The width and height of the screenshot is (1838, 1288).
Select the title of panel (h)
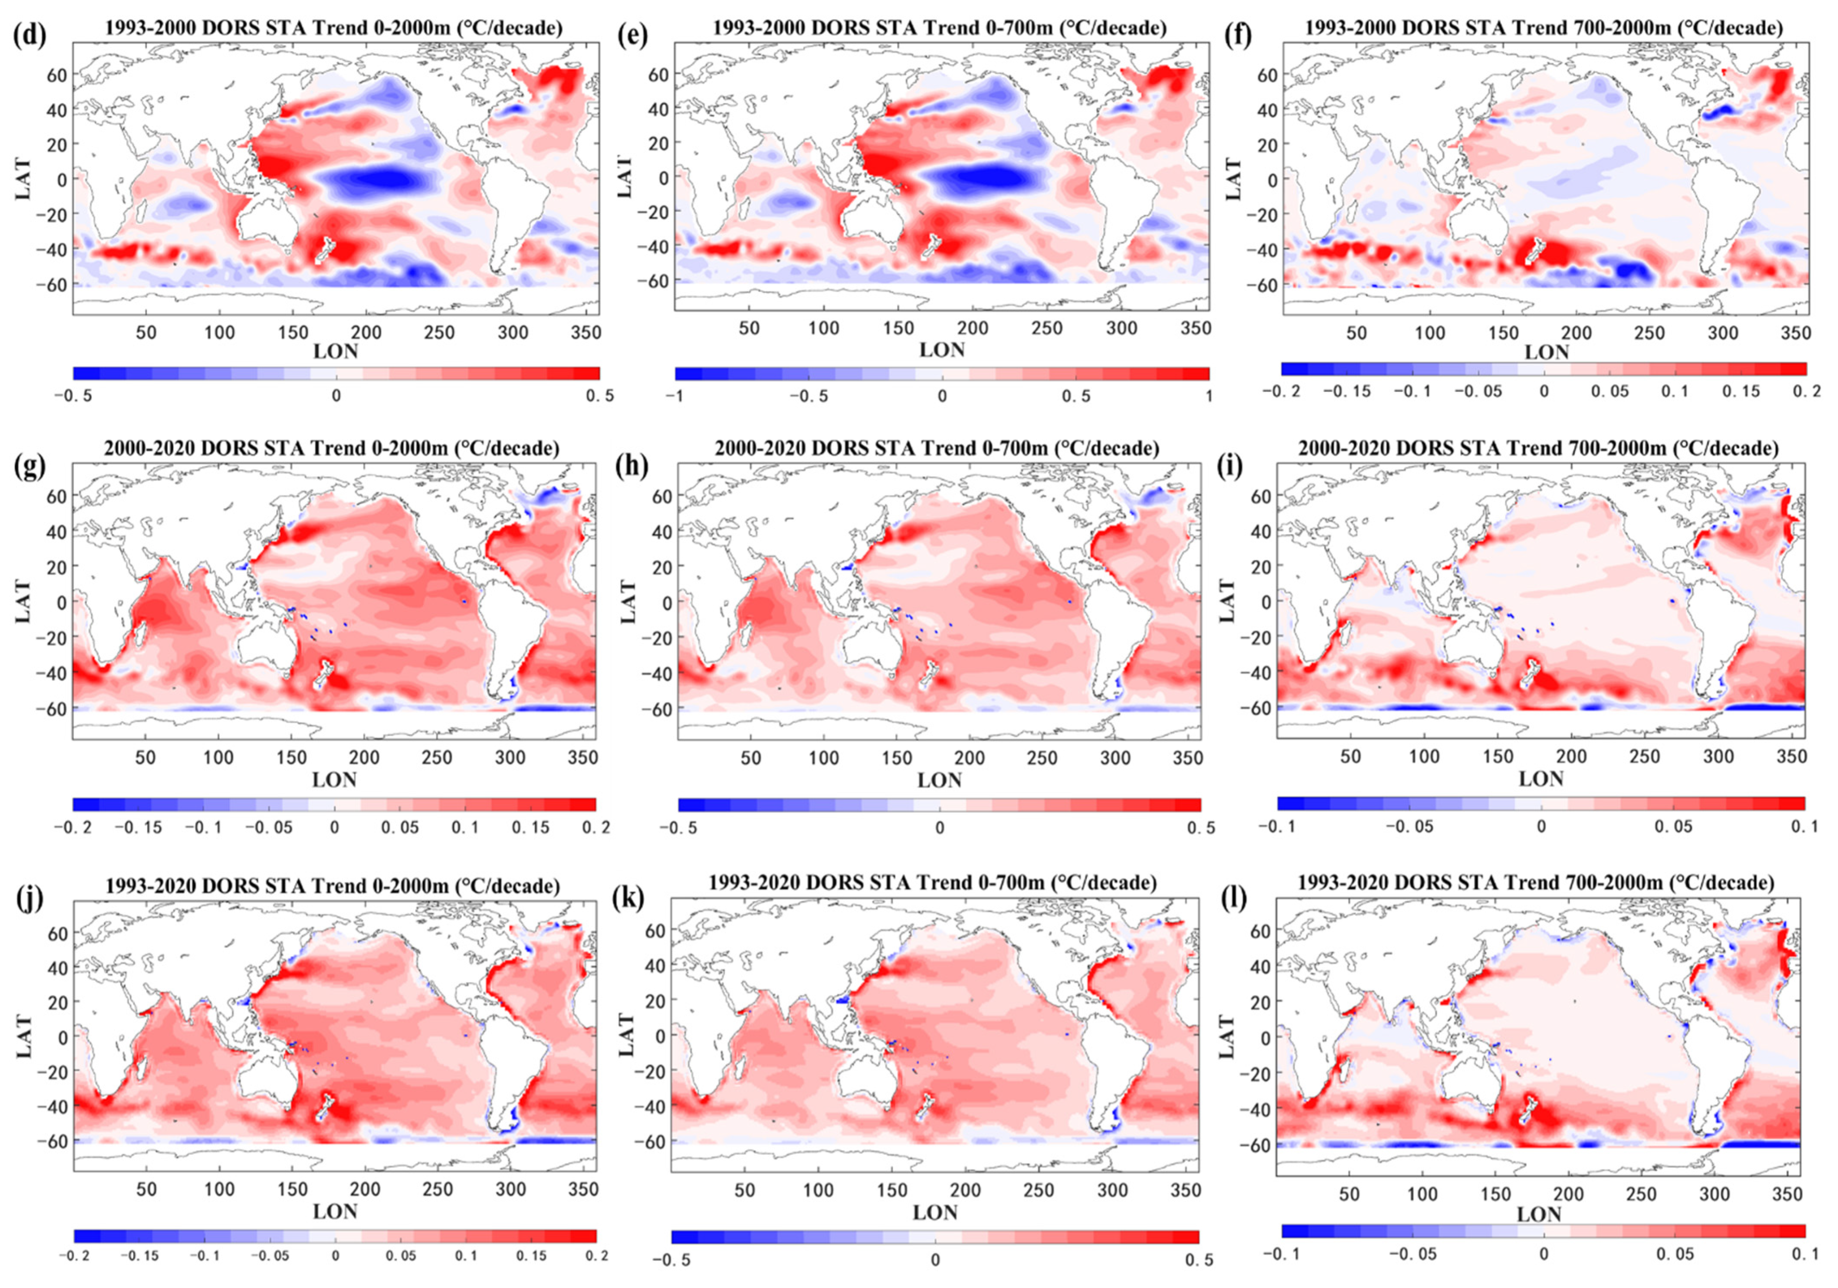tap(937, 448)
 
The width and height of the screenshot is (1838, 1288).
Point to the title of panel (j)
tap(331, 886)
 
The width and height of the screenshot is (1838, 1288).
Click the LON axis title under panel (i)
tap(1541, 778)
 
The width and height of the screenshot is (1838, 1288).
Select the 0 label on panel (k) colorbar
tap(934, 1261)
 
